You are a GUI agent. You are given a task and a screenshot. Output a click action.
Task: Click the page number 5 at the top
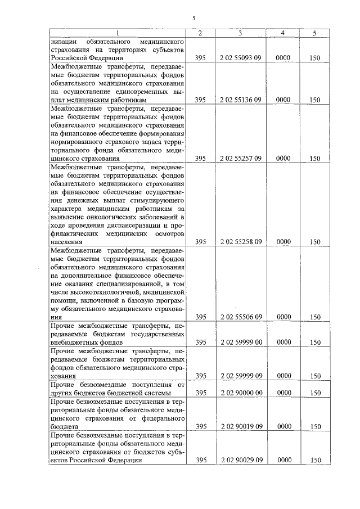(x=193, y=18)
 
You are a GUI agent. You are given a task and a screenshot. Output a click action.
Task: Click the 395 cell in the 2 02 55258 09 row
(x=201, y=242)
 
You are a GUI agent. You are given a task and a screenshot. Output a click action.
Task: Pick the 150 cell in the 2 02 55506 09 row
(x=316, y=317)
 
